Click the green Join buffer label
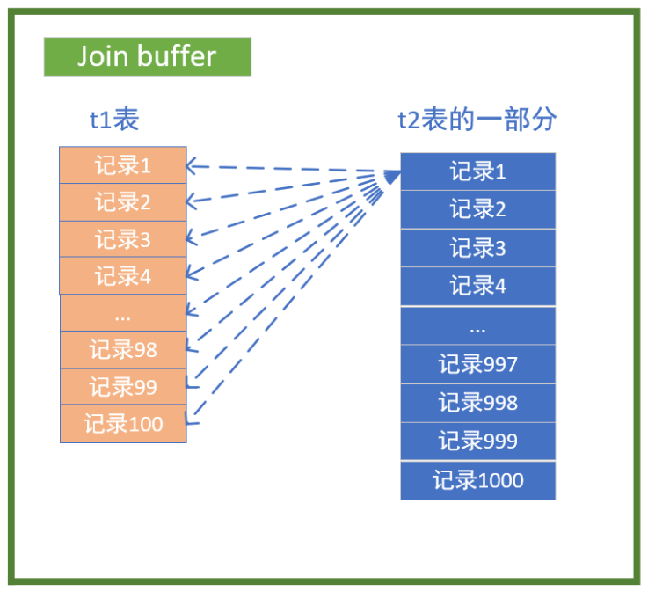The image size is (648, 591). [x=147, y=56]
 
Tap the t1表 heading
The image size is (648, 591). [x=114, y=120]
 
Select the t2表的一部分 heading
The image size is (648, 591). [x=477, y=120]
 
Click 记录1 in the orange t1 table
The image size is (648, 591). [x=123, y=165]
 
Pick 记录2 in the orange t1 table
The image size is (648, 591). [x=123, y=202]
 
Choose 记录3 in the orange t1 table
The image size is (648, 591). [x=123, y=239]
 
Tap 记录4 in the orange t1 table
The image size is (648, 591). [x=123, y=276]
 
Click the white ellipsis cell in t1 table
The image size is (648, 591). [x=123, y=313]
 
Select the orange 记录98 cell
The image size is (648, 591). [x=123, y=350]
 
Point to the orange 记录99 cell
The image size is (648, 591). [x=123, y=387]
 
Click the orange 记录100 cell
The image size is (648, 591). [x=123, y=424]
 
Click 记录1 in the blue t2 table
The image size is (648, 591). [x=477, y=171]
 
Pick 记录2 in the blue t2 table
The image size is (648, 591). [x=477, y=209]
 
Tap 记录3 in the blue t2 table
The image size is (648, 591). [x=477, y=248]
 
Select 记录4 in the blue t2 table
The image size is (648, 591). [x=477, y=286]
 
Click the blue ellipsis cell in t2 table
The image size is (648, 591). [x=477, y=325]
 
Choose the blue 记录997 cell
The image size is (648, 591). [x=477, y=364]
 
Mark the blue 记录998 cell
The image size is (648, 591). [x=477, y=403]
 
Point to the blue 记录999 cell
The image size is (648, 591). [x=477, y=441]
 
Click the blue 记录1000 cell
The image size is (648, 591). [x=477, y=480]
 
